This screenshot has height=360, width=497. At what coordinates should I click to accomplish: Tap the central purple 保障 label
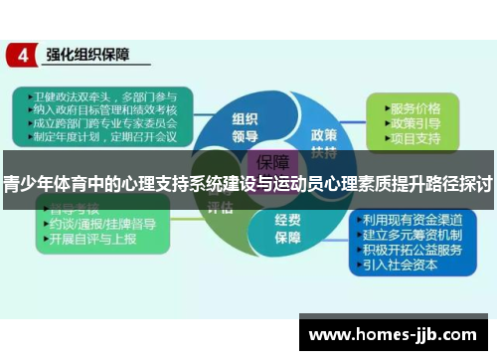click(273, 162)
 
